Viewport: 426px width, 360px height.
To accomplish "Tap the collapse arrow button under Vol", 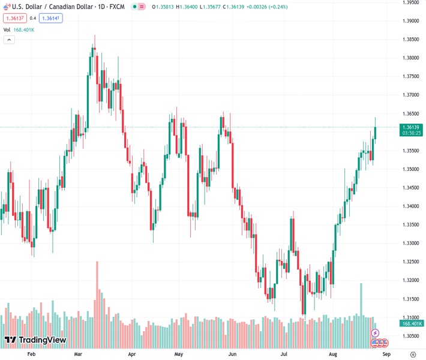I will point(9,40).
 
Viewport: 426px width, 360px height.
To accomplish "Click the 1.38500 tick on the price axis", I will point(411,40).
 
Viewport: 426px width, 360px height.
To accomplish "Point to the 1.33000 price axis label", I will point(411,243).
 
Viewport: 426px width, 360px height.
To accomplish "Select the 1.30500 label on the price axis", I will point(411,336).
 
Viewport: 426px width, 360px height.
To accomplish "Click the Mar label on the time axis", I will point(79,355).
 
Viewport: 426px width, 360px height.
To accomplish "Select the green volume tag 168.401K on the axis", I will point(412,323).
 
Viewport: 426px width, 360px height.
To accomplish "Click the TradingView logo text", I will point(42,340).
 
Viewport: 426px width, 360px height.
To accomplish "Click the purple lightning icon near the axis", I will point(376,333).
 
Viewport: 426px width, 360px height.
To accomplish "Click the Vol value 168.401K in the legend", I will point(25,29).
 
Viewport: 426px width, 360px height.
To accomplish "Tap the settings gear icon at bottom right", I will point(413,355).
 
